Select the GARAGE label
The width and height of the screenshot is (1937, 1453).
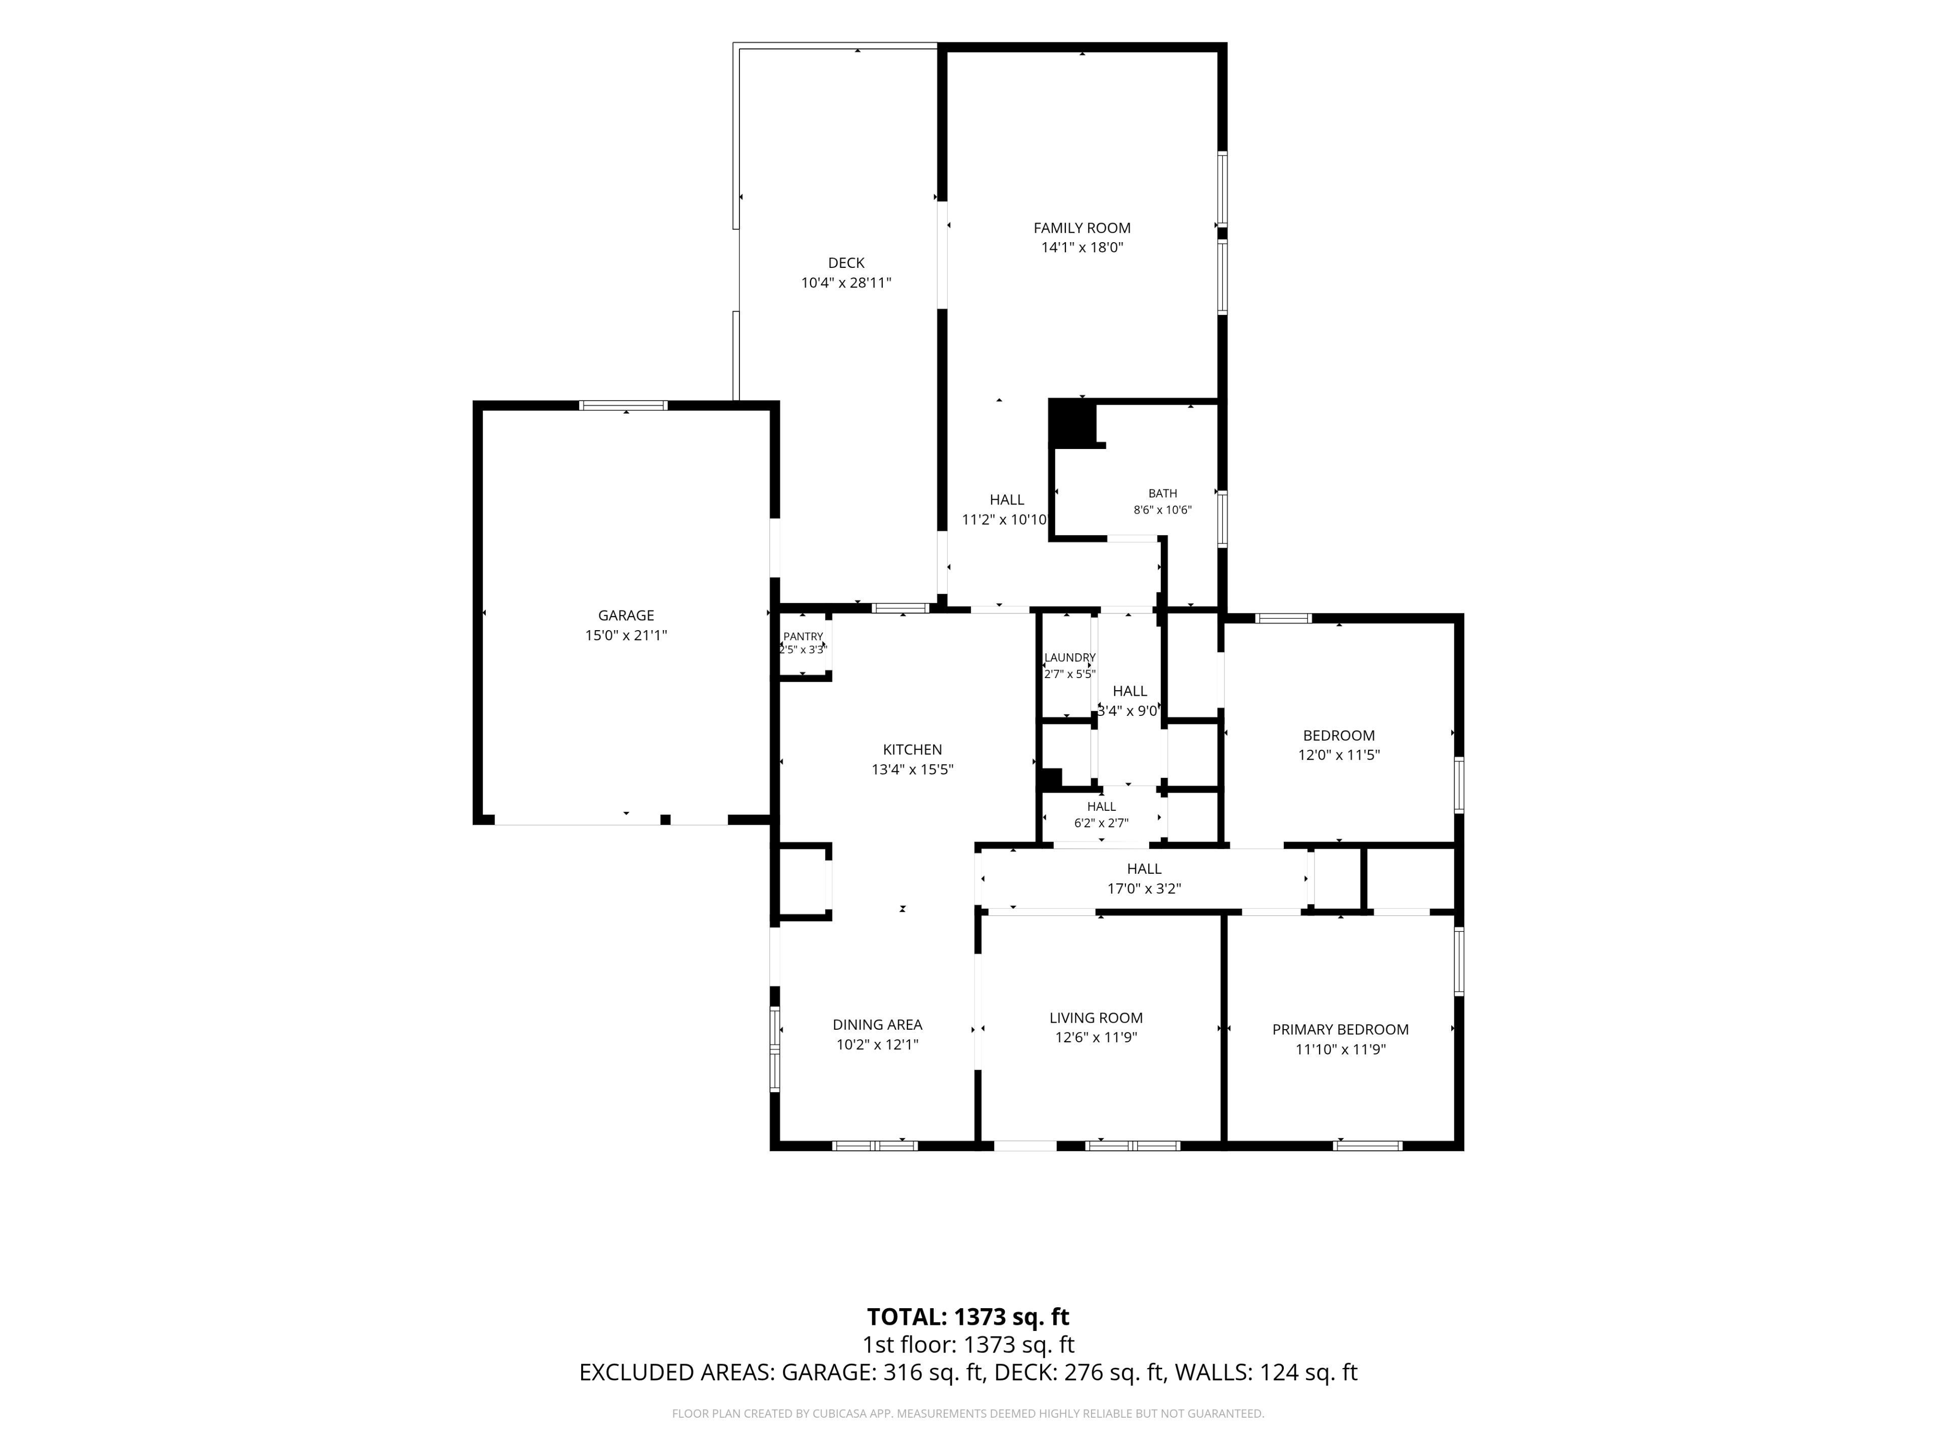tap(626, 616)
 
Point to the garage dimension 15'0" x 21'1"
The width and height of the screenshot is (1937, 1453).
tap(626, 636)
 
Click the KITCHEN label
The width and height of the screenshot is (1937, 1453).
tap(913, 750)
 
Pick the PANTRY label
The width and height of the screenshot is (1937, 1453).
tap(803, 637)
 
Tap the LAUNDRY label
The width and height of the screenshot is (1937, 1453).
tap(1069, 658)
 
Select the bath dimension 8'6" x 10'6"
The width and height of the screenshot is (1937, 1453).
tap(1163, 510)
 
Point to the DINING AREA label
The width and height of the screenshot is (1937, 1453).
tap(877, 1025)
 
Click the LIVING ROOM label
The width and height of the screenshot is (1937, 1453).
tap(1096, 1018)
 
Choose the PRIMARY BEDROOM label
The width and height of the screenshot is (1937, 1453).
tap(1341, 1030)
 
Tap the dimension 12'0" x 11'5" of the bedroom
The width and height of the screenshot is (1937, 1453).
tap(1339, 755)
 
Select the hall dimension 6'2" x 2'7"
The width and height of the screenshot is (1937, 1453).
tap(1102, 823)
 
